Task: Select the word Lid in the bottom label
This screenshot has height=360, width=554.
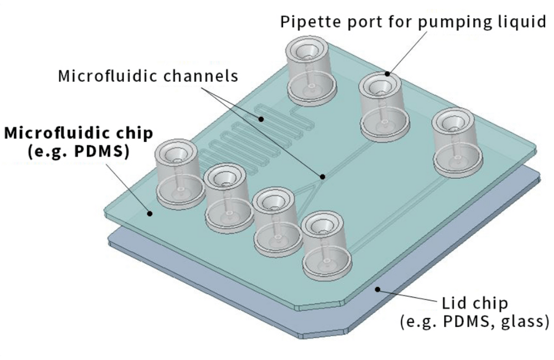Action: point(453,304)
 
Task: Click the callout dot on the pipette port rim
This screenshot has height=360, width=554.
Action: point(387,74)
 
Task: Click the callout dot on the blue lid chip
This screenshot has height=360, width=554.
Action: point(376,288)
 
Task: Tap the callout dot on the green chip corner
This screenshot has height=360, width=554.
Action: point(148,212)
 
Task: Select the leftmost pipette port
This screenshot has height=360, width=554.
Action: point(176,173)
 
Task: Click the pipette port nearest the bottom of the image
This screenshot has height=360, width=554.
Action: point(327,245)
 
